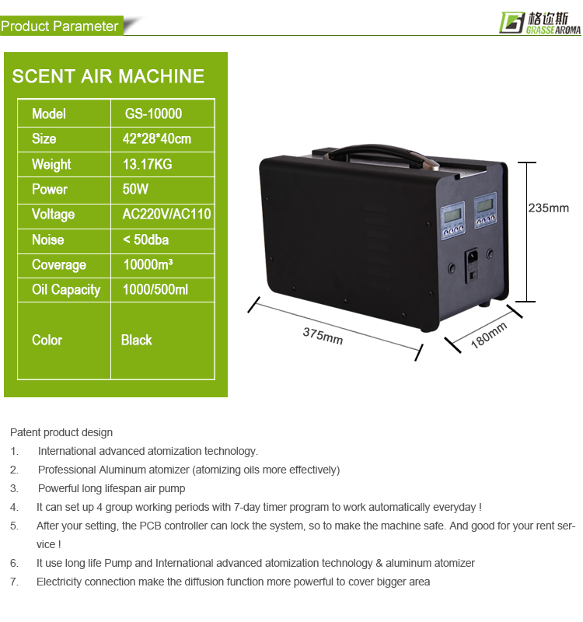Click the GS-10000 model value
[x=153, y=114]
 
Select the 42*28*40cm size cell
[x=156, y=139]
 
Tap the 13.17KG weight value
[x=148, y=164]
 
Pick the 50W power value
[x=135, y=189]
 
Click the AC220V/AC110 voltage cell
[x=166, y=215]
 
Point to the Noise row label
[x=47, y=239]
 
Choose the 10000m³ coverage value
[x=148, y=265]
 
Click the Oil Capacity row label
[x=65, y=290]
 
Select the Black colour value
[x=136, y=341]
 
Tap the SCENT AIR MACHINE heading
[x=108, y=76]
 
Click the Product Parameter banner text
[x=60, y=26]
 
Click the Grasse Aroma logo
[x=537, y=21]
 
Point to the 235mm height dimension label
[x=548, y=208]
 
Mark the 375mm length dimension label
[x=323, y=336]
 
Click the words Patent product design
[x=61, y=432]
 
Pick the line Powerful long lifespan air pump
[x=111, y=488]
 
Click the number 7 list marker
[x=13, y=582]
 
